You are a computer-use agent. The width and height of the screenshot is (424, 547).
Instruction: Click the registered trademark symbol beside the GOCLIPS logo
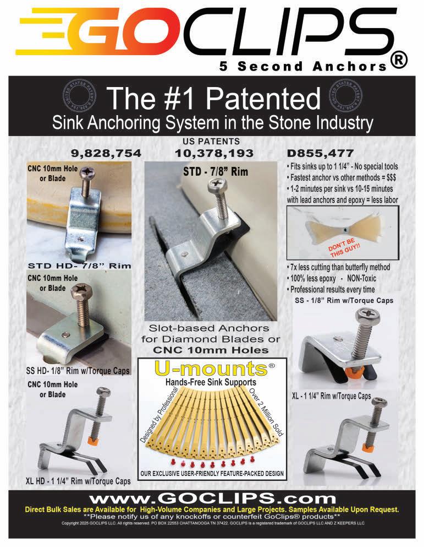[x=399, y=61]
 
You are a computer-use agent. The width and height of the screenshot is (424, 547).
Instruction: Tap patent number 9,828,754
[x=106, y=153]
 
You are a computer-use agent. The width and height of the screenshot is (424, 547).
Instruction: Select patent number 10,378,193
[x=214, y=153]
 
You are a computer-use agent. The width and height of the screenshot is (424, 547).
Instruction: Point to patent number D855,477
[x=320, y=153]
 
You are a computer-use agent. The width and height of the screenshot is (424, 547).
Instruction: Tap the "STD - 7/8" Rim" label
[x=216, y=172]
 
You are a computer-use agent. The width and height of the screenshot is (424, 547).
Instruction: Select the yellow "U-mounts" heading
[x=211, y=369]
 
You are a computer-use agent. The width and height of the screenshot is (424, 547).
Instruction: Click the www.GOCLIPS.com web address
[x=212, y=498]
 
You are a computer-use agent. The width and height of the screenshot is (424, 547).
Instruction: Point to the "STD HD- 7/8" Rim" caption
[x=79, y=266]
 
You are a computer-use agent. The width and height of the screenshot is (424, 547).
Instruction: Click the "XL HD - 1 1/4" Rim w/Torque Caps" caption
[x=78, y=481]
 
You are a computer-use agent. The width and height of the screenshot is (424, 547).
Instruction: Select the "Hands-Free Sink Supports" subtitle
[x=211, y=382]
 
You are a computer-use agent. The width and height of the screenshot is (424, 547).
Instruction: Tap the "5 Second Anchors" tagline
[x=303, y=66]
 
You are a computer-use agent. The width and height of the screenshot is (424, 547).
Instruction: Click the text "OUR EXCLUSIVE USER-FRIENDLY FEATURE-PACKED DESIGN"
[x=212, y=473]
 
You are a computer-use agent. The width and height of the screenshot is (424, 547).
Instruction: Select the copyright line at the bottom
[x=213, y=523]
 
